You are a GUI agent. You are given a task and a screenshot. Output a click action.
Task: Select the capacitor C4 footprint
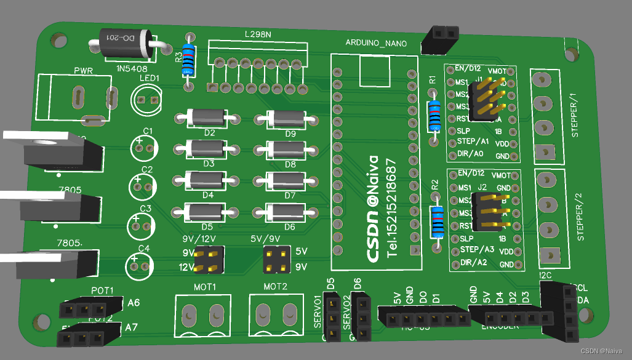tap(139, 265)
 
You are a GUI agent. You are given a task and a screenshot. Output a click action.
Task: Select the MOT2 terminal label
tap(275, 287)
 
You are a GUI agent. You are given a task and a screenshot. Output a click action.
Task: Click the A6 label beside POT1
tap(134, 302)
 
